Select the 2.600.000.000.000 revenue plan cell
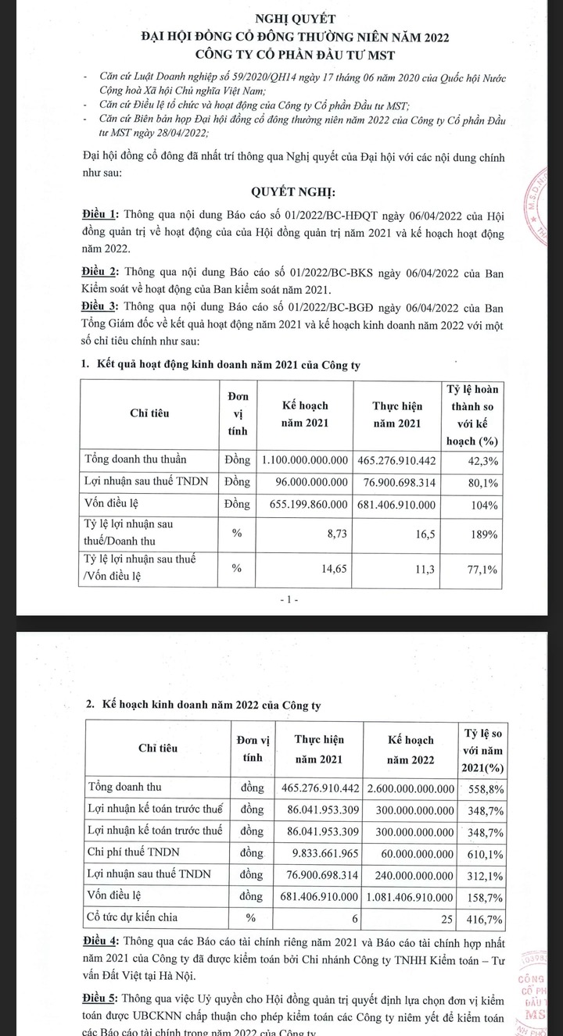point(411,788)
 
